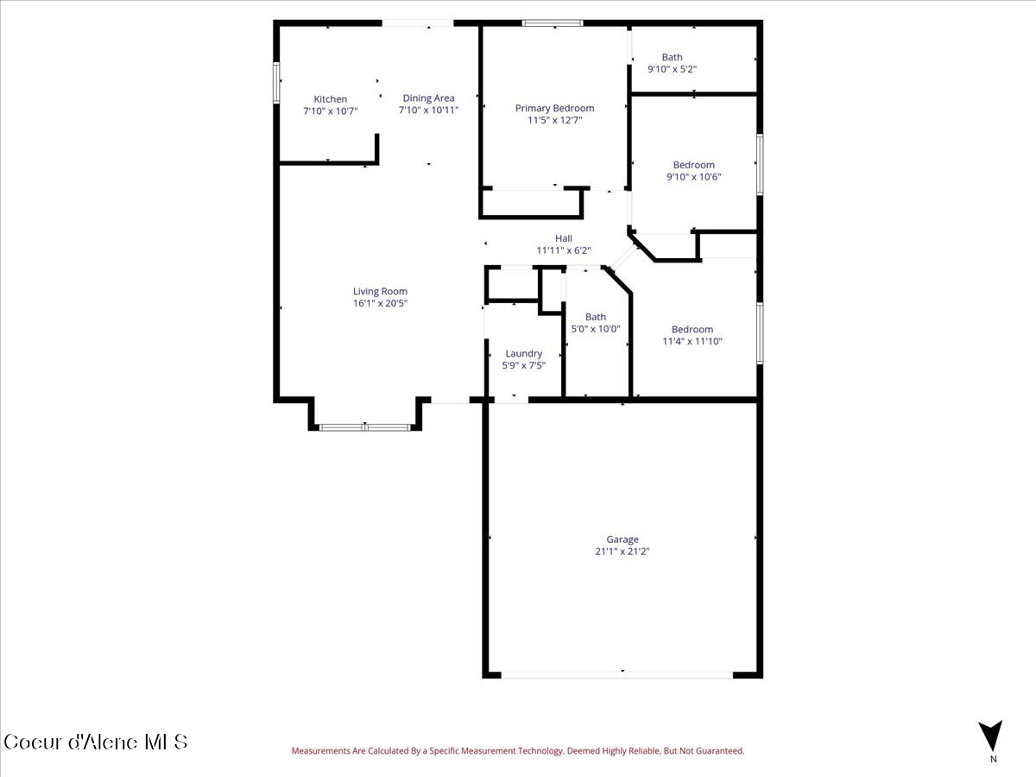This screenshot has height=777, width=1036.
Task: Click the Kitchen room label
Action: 330,99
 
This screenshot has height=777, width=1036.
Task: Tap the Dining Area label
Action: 428,98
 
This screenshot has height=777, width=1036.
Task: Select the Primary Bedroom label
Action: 554,108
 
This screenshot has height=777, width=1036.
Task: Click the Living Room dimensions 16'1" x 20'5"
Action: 380,303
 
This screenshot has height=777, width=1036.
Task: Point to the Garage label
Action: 622,540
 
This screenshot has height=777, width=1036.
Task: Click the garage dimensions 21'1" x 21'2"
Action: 622,552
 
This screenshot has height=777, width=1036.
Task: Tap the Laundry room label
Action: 523,353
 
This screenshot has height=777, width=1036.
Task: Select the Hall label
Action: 563,239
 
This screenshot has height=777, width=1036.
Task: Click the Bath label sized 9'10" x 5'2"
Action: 672,58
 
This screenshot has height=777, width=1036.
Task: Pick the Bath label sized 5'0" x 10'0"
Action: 595,317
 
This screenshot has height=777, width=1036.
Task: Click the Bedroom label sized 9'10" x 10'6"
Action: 693,165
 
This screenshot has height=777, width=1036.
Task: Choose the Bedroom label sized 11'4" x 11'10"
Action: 692,329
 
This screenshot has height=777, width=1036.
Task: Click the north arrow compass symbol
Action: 993,736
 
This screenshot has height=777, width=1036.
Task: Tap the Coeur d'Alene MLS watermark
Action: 95,742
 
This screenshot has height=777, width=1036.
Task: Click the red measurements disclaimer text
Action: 517,751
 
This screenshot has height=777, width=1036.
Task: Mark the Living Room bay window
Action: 364,426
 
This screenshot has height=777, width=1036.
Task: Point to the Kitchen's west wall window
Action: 277,83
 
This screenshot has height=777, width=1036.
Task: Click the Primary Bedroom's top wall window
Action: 553,23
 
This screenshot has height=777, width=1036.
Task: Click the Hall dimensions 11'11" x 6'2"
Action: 563,250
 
